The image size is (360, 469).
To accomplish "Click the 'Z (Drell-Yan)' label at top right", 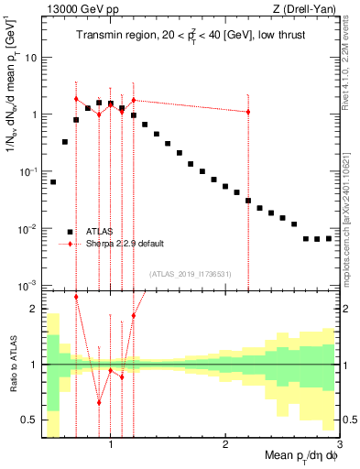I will [x=307, y=9].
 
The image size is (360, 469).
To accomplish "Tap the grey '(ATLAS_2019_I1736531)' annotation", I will [x=191, y=273].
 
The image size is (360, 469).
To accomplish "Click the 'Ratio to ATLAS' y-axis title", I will [x=12, y=364].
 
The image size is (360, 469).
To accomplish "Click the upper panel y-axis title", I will [x=12, y=92].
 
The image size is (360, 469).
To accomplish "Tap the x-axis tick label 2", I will [x=225, y=445].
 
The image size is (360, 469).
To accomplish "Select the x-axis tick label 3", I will [x=338, y=445].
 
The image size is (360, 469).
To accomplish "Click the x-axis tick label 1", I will [x=111, y=445].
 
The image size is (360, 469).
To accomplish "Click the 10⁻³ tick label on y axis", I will [x=27, y=286].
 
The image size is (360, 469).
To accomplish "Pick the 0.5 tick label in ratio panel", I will [x=27, y=420].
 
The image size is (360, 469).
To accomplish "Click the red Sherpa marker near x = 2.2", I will [x=248, y=112].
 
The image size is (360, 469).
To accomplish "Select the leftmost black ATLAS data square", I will [x=53, y=182].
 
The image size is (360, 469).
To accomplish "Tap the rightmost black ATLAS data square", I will [x=328, y=238].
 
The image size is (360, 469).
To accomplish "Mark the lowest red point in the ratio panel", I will [x=99, y=402].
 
